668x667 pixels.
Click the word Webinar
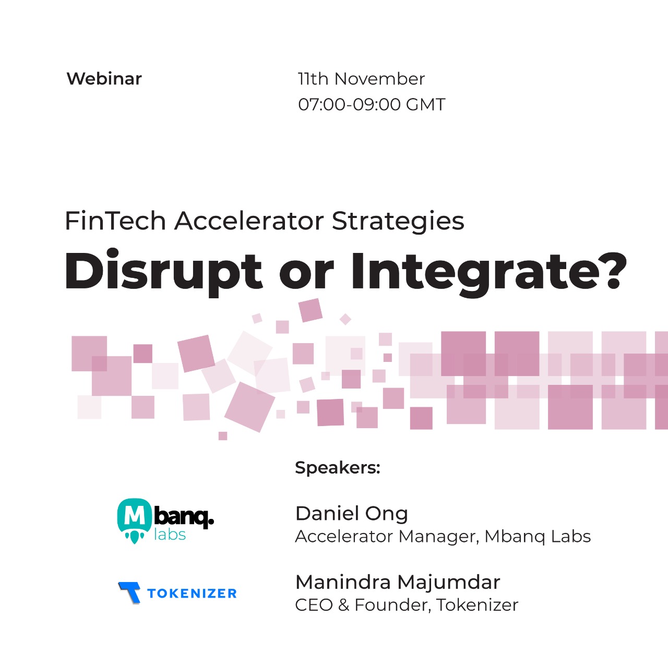pyautogui.click(x=104, y=79)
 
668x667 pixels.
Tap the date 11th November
pyautogui.click(x=361, y=79)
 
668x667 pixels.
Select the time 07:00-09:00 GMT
pyautogui.click(x=372, y=104)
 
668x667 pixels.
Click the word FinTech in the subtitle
pyautogui.click(x=115, y=221)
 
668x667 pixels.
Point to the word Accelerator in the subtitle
pyautogui.click(x=249, y=221)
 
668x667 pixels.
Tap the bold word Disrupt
pyautogui.click(x=163, y=273)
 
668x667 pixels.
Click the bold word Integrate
pyautogui.click(x=474, y=273)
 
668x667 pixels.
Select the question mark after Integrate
pyautogui.click(x=613, y=271)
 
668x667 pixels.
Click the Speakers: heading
pyautogui.click(x=338, y=467)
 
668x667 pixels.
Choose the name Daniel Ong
pyautogui.click(x=352, y=514)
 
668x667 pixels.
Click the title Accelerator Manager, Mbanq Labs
pyautogui.click(x=443, y=537)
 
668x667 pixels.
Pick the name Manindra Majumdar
pyautogui.click(x=398, y=583)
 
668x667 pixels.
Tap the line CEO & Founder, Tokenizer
pyautogui.click(x=407, y=605)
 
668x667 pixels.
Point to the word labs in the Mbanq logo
pyautogui.click(x=170, y=535)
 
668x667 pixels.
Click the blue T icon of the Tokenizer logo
pyautogui.click(x=129, y=592)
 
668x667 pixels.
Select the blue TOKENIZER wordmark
pyautogui.click(x=192, y=593)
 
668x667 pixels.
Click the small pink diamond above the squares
pyautogui.click(x=345, y=319)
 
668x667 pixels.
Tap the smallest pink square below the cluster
pyautogui.click(x=223, y=436)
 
